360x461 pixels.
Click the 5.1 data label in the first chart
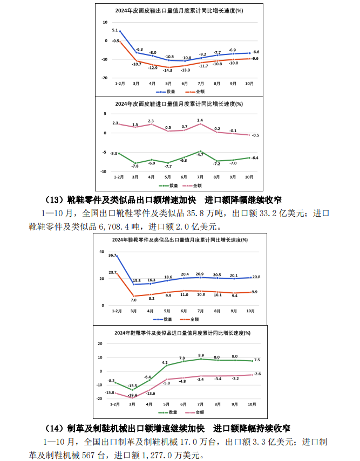pos(115,30)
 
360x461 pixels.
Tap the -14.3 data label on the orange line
pos(168,70)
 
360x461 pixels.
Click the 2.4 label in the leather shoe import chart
pos(200,120)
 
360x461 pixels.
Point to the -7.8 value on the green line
pos(135,166)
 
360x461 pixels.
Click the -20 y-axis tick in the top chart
pos(105,78)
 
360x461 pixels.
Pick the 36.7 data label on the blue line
pos(112,255)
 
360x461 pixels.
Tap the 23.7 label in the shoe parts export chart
pos(112,273)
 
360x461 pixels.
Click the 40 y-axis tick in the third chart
pos(101,252)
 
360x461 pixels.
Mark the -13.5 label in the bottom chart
pos(132,386)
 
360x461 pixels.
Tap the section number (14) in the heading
pos(53,429)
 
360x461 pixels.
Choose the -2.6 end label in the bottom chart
pos(257,374)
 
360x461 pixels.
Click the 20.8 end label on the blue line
pos(256,277)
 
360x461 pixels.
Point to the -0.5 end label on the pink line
pos(255,135)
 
